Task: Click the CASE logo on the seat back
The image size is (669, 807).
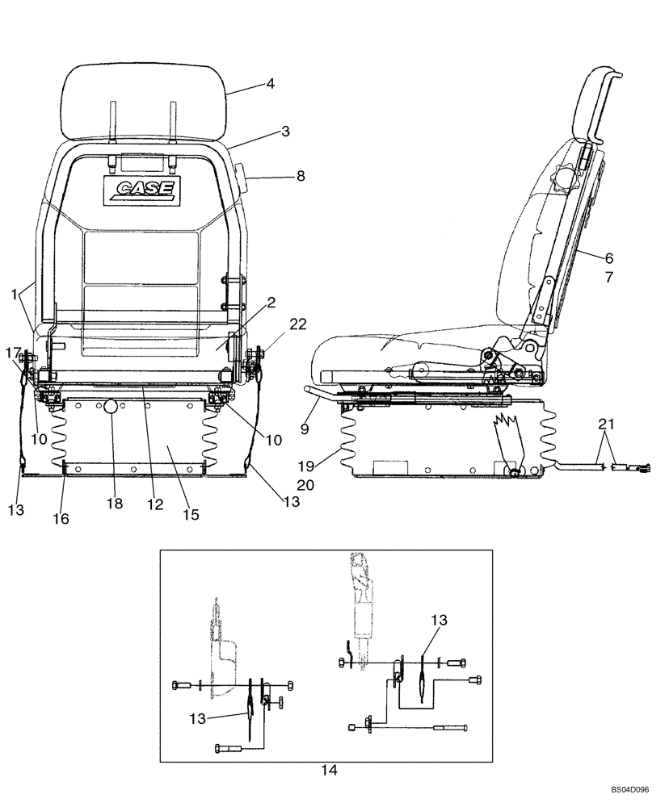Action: coord(142,190)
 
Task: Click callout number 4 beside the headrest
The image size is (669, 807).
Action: coord(271,83)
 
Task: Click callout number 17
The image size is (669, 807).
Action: coord(14,352)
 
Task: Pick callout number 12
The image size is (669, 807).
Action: coord(154,504)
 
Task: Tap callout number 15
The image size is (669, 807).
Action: coord(191,513)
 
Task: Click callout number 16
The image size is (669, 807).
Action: coord(61,518)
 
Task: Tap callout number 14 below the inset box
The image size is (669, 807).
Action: coord(328,770)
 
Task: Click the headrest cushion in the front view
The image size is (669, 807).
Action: coord(142,100)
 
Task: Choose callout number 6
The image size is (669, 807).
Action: coord(608,258)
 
